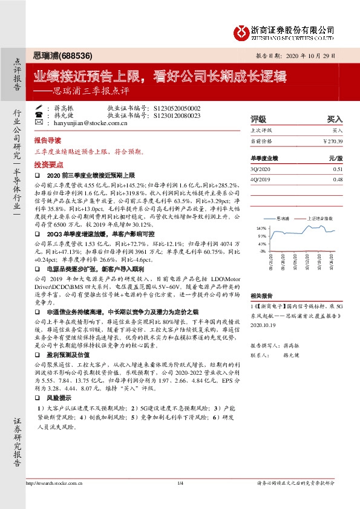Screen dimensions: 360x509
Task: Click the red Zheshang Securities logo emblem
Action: pyautogui.click(x=241, y=31)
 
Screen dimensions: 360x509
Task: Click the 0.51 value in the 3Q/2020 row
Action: pyautogui.click(x=338, y=169)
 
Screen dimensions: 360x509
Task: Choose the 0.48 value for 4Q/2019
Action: pyautogui.click(x=338, y=180)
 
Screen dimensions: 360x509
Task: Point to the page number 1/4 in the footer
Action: pyautogui.click(x=180, y=483)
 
